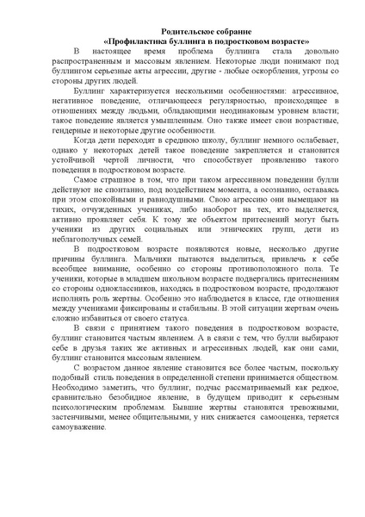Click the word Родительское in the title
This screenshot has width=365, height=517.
(x=159, y=28)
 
